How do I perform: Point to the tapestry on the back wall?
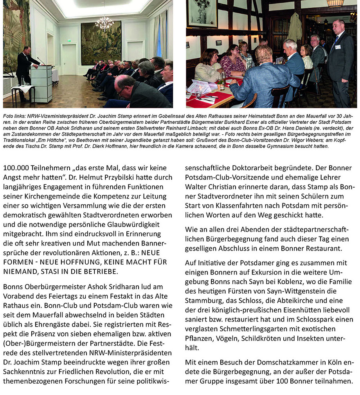(x=101, y=43)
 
